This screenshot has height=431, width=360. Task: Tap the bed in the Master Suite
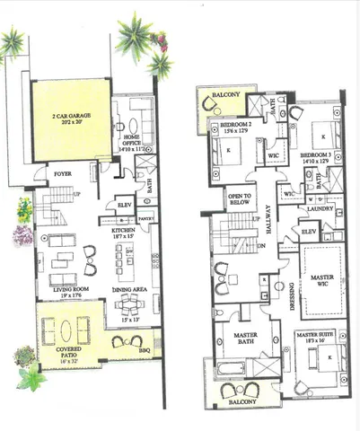pyautogui.click(x=323, y=364)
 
